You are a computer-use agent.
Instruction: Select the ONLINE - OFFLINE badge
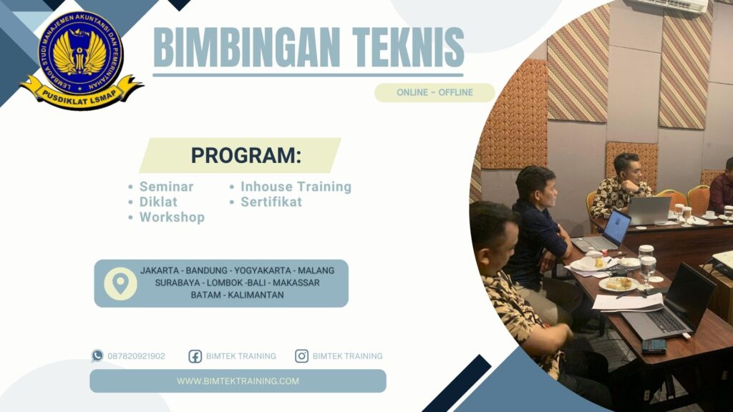coord(435,92)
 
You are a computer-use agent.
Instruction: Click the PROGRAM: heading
coord(246,155)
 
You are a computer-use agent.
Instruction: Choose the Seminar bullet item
coord(166,187)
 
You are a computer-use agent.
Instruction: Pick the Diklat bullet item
coord(158,202)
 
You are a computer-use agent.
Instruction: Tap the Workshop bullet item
coord(172,217)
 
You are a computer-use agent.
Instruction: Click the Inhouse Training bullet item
coord(295,187)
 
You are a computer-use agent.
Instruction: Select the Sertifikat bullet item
coord(271,202)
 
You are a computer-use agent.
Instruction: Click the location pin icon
coord(120,283)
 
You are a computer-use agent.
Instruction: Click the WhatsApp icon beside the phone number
coord(97,355)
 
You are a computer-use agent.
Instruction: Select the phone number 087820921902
coord(136,355)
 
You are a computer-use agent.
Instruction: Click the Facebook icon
coord(195,355)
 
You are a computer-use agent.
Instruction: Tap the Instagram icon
coord(302,355)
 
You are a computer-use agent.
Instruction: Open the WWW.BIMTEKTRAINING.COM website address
coord(238,381)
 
